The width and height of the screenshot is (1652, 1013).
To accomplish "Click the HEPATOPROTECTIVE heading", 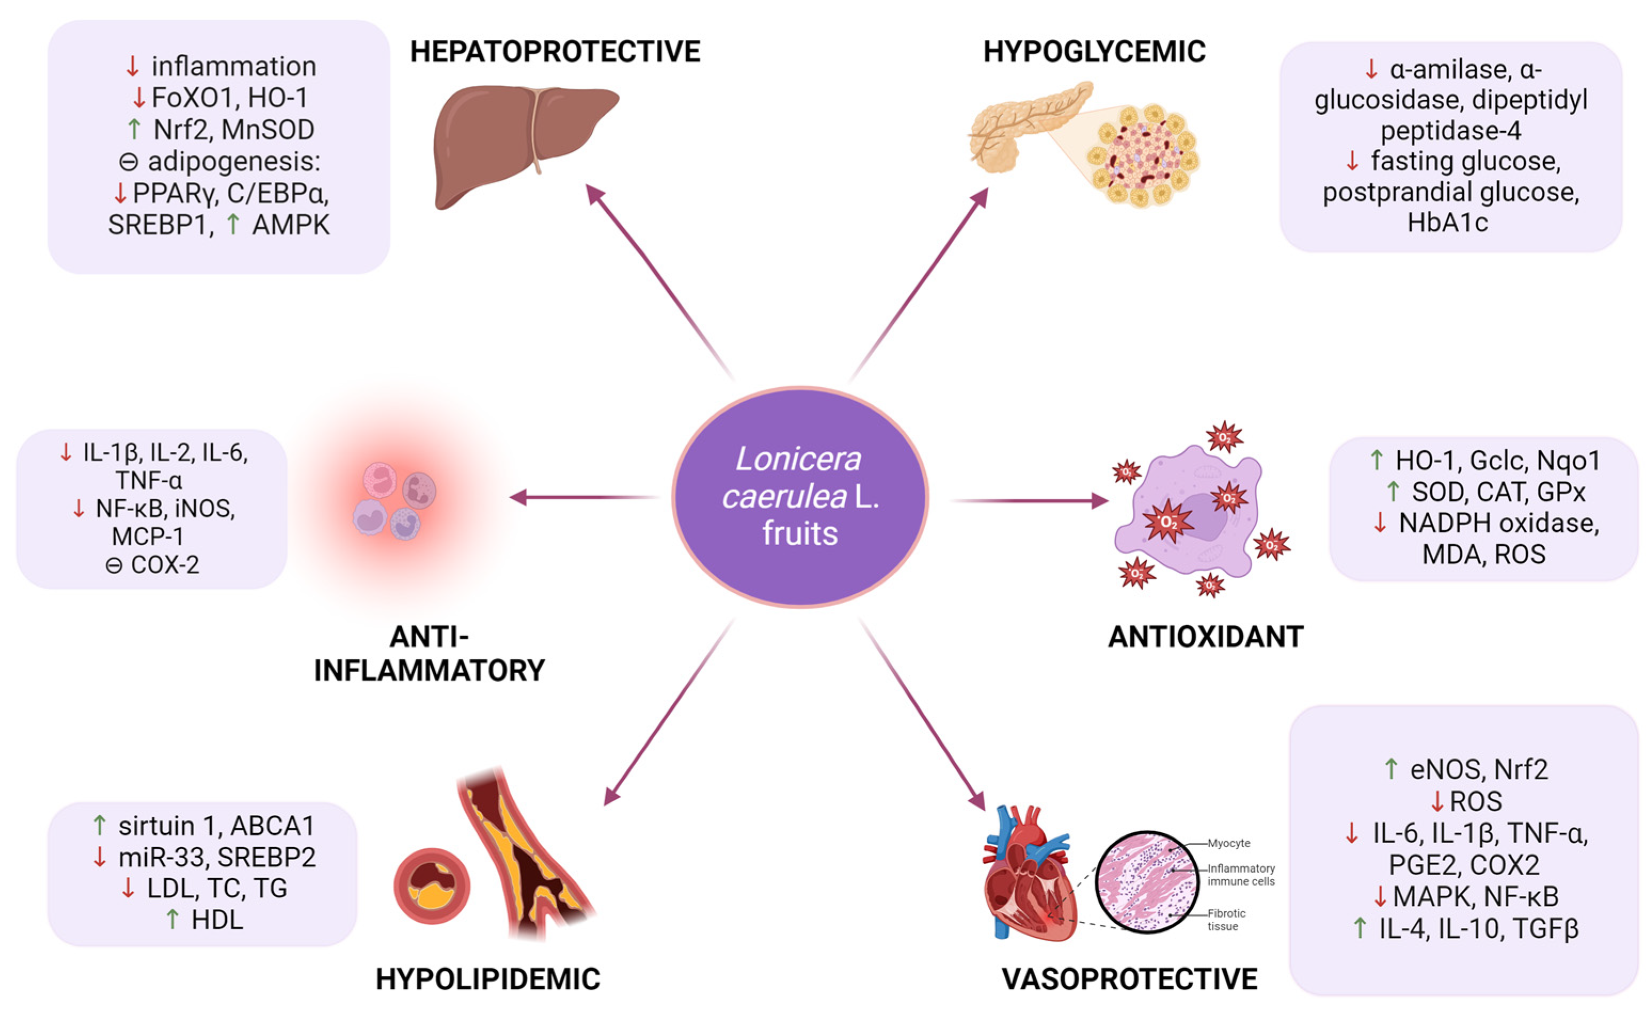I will [x=554, y=52].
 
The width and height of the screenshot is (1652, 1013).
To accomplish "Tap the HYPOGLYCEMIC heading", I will [x=1094, y=52].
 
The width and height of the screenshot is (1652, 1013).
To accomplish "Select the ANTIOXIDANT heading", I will [x=1205, y=636].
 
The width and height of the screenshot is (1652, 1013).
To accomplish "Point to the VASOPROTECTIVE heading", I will [x=1129, y=978].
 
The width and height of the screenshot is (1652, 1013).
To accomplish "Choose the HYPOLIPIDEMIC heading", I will [x=487, y=978].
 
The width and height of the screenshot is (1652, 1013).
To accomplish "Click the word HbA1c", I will [x=1448, y=222].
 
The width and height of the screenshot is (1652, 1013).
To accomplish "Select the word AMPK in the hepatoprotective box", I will [x=291, y=225].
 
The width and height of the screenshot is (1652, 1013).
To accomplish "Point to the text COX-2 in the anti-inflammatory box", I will [x=165, y=565].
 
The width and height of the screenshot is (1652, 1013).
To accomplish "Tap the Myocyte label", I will [x=1229, y=843].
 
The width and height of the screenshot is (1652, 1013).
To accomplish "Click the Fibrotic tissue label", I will [x=1226, y=920].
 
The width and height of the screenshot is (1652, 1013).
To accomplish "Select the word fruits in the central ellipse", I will [x=800, y=533].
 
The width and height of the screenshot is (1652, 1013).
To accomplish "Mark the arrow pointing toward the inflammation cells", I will [x=583, y=498].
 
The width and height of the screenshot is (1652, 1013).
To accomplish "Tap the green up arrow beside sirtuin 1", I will [x=100, y=825].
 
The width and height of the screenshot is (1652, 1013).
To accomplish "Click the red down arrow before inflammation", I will [x=133, y=66].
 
